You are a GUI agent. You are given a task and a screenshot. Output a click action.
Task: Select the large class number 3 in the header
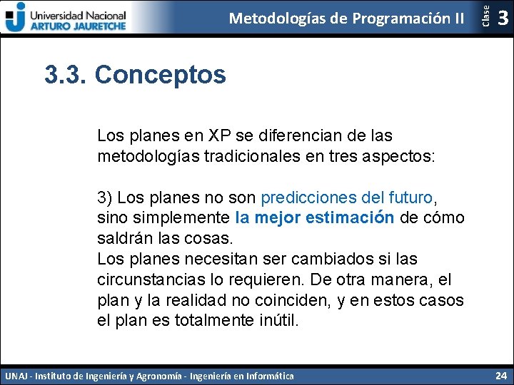[503, 18]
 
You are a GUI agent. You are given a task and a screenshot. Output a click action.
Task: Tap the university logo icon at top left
[15, 16]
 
